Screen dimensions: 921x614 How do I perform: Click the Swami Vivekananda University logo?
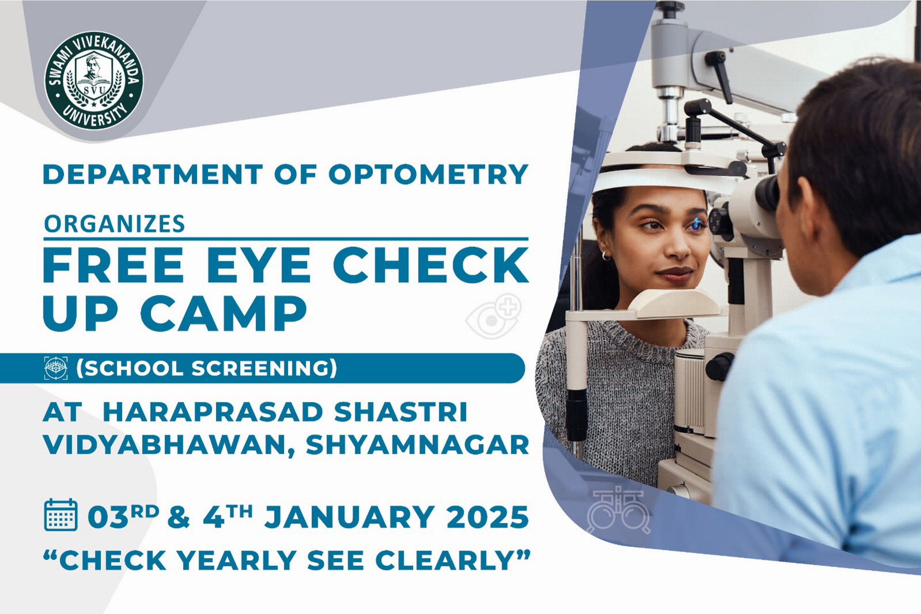click(x=94, y=80)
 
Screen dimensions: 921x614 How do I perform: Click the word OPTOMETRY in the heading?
click(x=429, y=174)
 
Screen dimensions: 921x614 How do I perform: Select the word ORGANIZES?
click(x=114, y=224)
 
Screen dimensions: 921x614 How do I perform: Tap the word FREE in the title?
click(x=113, y=264)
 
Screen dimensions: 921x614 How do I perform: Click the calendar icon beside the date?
click(x=61, y=514)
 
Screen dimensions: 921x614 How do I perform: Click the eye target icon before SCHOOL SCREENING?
click(x=56, y=368)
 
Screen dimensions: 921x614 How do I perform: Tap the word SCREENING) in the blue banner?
click(x=264, y=368)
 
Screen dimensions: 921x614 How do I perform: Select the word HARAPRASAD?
click(x=213, y=412)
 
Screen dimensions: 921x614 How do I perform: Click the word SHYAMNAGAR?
click(x=417, y=445)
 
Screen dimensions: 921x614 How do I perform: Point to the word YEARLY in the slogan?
click(x=236, y=560)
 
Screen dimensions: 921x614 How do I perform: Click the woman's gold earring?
click(x=606, y=256)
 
